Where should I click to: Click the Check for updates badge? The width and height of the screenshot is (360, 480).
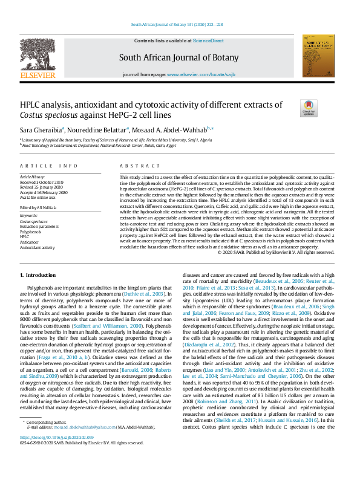coord(308,108)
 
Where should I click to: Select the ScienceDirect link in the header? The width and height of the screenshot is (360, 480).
coord(208,41)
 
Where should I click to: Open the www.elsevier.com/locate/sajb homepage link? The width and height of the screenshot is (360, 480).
coord(197,74)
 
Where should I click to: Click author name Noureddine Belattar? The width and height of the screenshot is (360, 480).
coord(103,129)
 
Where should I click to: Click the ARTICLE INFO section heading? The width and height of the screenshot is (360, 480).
coord(48,166)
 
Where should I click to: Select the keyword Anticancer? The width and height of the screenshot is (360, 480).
coord(30,242)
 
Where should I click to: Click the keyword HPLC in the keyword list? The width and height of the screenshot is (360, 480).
coord(25,237)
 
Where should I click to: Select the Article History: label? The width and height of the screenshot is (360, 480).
coord(33,176)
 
